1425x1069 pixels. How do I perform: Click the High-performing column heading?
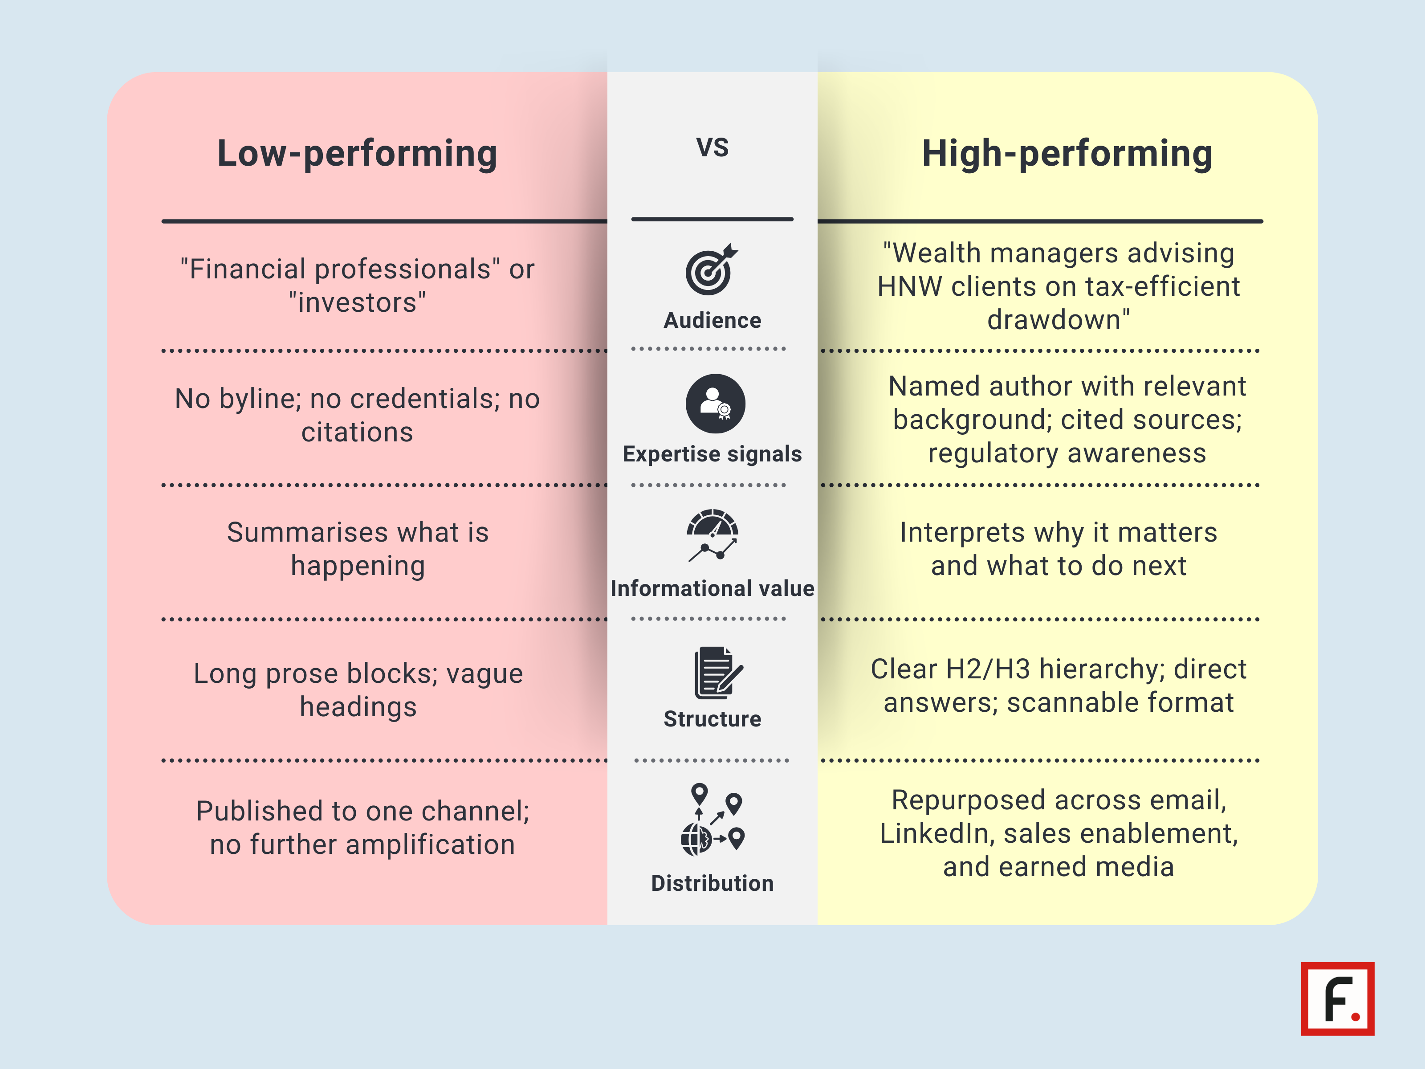point(1067,154)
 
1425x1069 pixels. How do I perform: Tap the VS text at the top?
point(712,147)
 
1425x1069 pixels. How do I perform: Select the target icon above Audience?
point(711,270)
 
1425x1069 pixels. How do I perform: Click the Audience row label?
point(712,320)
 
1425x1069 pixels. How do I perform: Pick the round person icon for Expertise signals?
point(715,404)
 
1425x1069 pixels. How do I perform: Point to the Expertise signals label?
point(712,454)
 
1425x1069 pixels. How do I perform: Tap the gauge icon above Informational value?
point(712,535)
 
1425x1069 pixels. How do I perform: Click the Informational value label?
point(712,588)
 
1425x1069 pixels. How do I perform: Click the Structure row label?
point(712,719)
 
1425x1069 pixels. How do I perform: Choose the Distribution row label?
point(712,883)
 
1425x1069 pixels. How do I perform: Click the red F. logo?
point(1337,999)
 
